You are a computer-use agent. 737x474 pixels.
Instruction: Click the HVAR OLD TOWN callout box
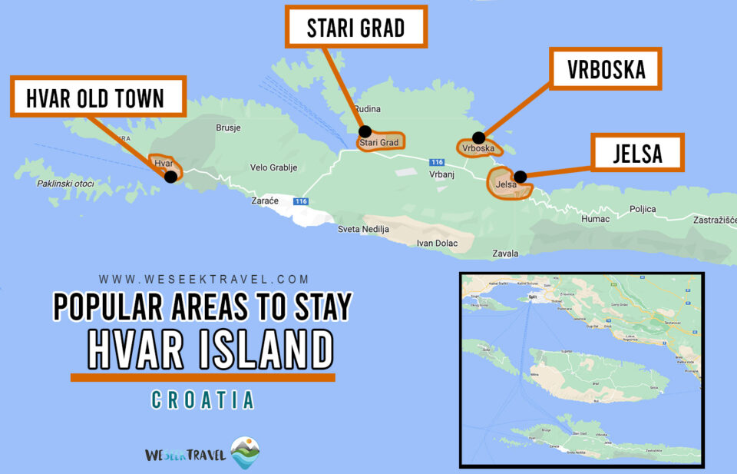(98, 97)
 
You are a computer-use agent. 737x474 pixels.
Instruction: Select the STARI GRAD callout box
(355, 28)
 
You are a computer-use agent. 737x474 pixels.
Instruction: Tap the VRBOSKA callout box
(606, 70)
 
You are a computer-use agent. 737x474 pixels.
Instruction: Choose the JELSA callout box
(637, 153)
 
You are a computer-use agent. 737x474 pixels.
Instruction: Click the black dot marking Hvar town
(170, 176)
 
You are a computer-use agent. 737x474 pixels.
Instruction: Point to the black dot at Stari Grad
(365, 131)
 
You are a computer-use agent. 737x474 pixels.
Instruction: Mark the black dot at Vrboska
(478, 138)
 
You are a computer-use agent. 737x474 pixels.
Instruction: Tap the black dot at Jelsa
(521, 177)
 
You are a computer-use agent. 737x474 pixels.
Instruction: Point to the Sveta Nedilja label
(364, 229)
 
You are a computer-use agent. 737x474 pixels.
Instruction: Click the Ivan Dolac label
(437, 244)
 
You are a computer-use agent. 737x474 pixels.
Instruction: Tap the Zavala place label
(506, 253)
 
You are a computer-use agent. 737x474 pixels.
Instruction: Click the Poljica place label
(643, 209)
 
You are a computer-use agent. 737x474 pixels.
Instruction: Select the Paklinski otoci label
(65, 184)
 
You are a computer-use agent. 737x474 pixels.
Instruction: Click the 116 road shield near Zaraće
(300, 201)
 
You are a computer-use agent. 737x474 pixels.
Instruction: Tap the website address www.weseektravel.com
(203, 280)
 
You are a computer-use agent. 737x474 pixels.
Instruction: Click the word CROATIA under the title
(203, 400)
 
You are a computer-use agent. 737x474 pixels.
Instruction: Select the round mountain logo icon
(246, 453)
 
